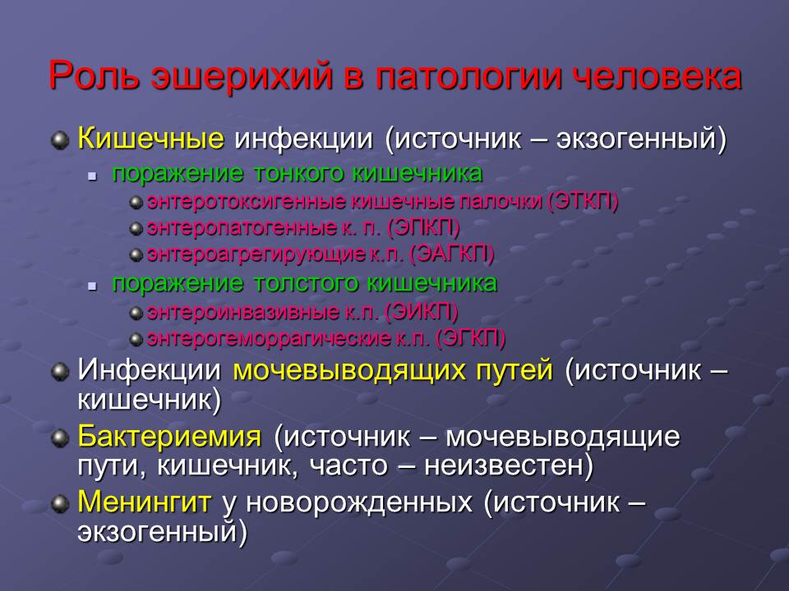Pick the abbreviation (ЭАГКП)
(x=451, y=254)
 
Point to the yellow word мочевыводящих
(x=393, y=370)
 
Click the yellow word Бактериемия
(x=170, y=436)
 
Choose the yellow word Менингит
(x=145, y=502)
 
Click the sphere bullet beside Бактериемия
(x=59, y=437)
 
